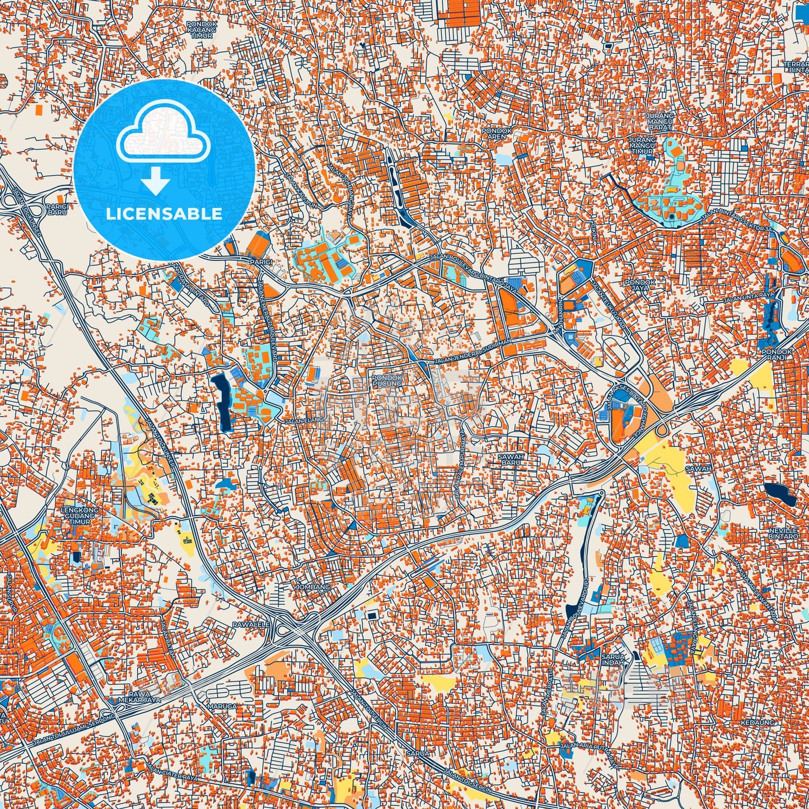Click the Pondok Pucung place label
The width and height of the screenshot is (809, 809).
387,381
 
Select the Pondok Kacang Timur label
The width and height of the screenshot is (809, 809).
200,30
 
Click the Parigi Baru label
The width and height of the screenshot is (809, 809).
58,209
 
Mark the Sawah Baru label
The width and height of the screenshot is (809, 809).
511,460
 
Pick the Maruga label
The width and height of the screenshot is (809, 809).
222,707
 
